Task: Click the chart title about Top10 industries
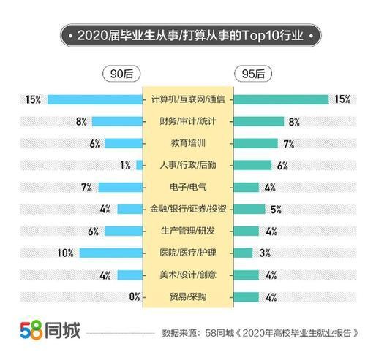tap(188, 34)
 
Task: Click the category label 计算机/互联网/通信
tap(187, 99)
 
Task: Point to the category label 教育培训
tap(187, 143)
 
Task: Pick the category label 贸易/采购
tap(187, 296)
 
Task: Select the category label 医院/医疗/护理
tap(187, 253)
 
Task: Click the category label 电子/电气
tap(187, 187)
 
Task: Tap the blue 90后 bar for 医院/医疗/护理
tap(110, 253)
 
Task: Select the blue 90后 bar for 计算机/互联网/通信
tap(94, 99)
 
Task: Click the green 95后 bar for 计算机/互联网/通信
tap(281, 99)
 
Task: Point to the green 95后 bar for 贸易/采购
tap(247, 296)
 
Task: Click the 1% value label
tap(125, 165)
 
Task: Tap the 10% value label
tap(66, 253)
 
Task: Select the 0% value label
tap(134, 296)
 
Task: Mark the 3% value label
tap(265, 253)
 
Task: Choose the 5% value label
tap(276, 209)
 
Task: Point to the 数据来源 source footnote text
tap(260, 332)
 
